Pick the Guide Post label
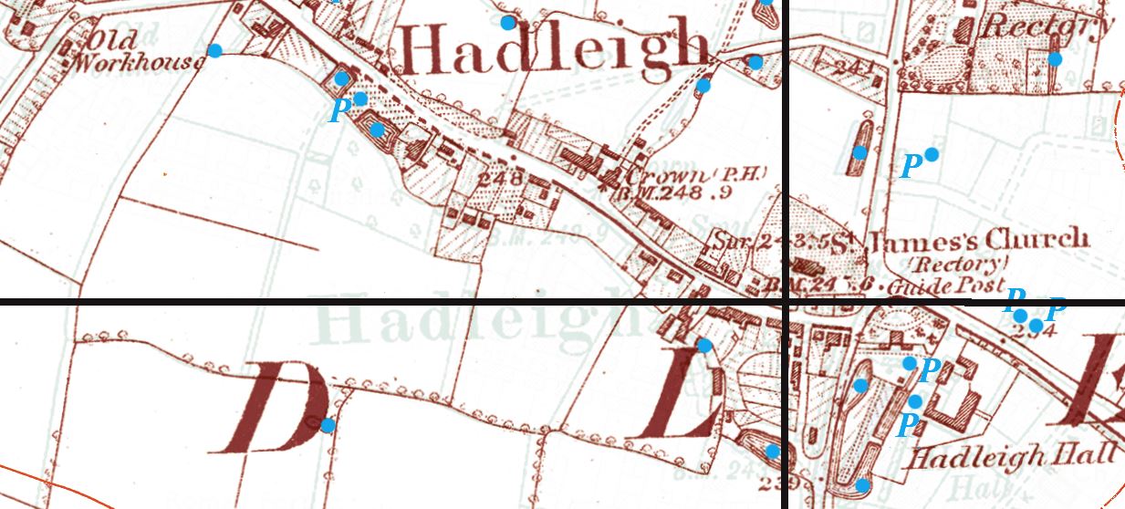click(x=959, y=286)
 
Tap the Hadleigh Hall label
click(x=1012, y=456)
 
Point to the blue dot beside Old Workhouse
click(x=214, y=50)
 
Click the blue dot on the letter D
click(x=327, y=425)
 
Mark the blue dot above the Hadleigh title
click(x=508, y=22)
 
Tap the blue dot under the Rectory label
click(x=1055, y=59)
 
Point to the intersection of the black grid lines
click(x=786, y=301)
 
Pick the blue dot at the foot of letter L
click(x=772, y=451)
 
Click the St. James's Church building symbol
click(x=807, y=266)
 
